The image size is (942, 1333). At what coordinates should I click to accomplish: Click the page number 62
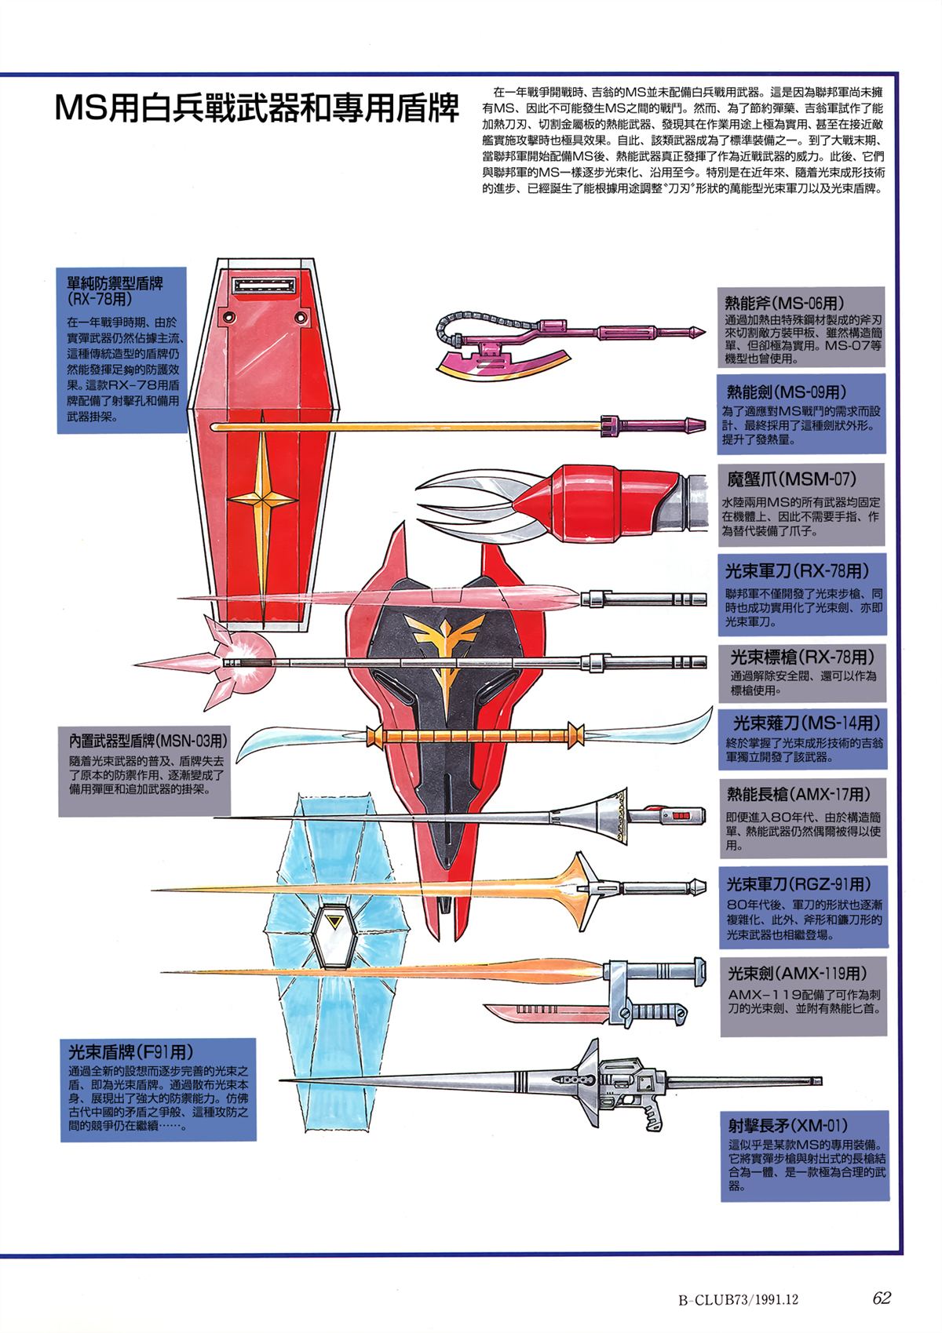click(882, 1297)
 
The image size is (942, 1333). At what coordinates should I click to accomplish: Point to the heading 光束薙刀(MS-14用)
click(805, 722)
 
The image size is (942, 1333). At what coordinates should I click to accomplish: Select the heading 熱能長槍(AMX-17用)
click(798, 793)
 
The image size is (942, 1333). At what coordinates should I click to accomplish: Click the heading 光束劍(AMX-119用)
click(797, 974)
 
